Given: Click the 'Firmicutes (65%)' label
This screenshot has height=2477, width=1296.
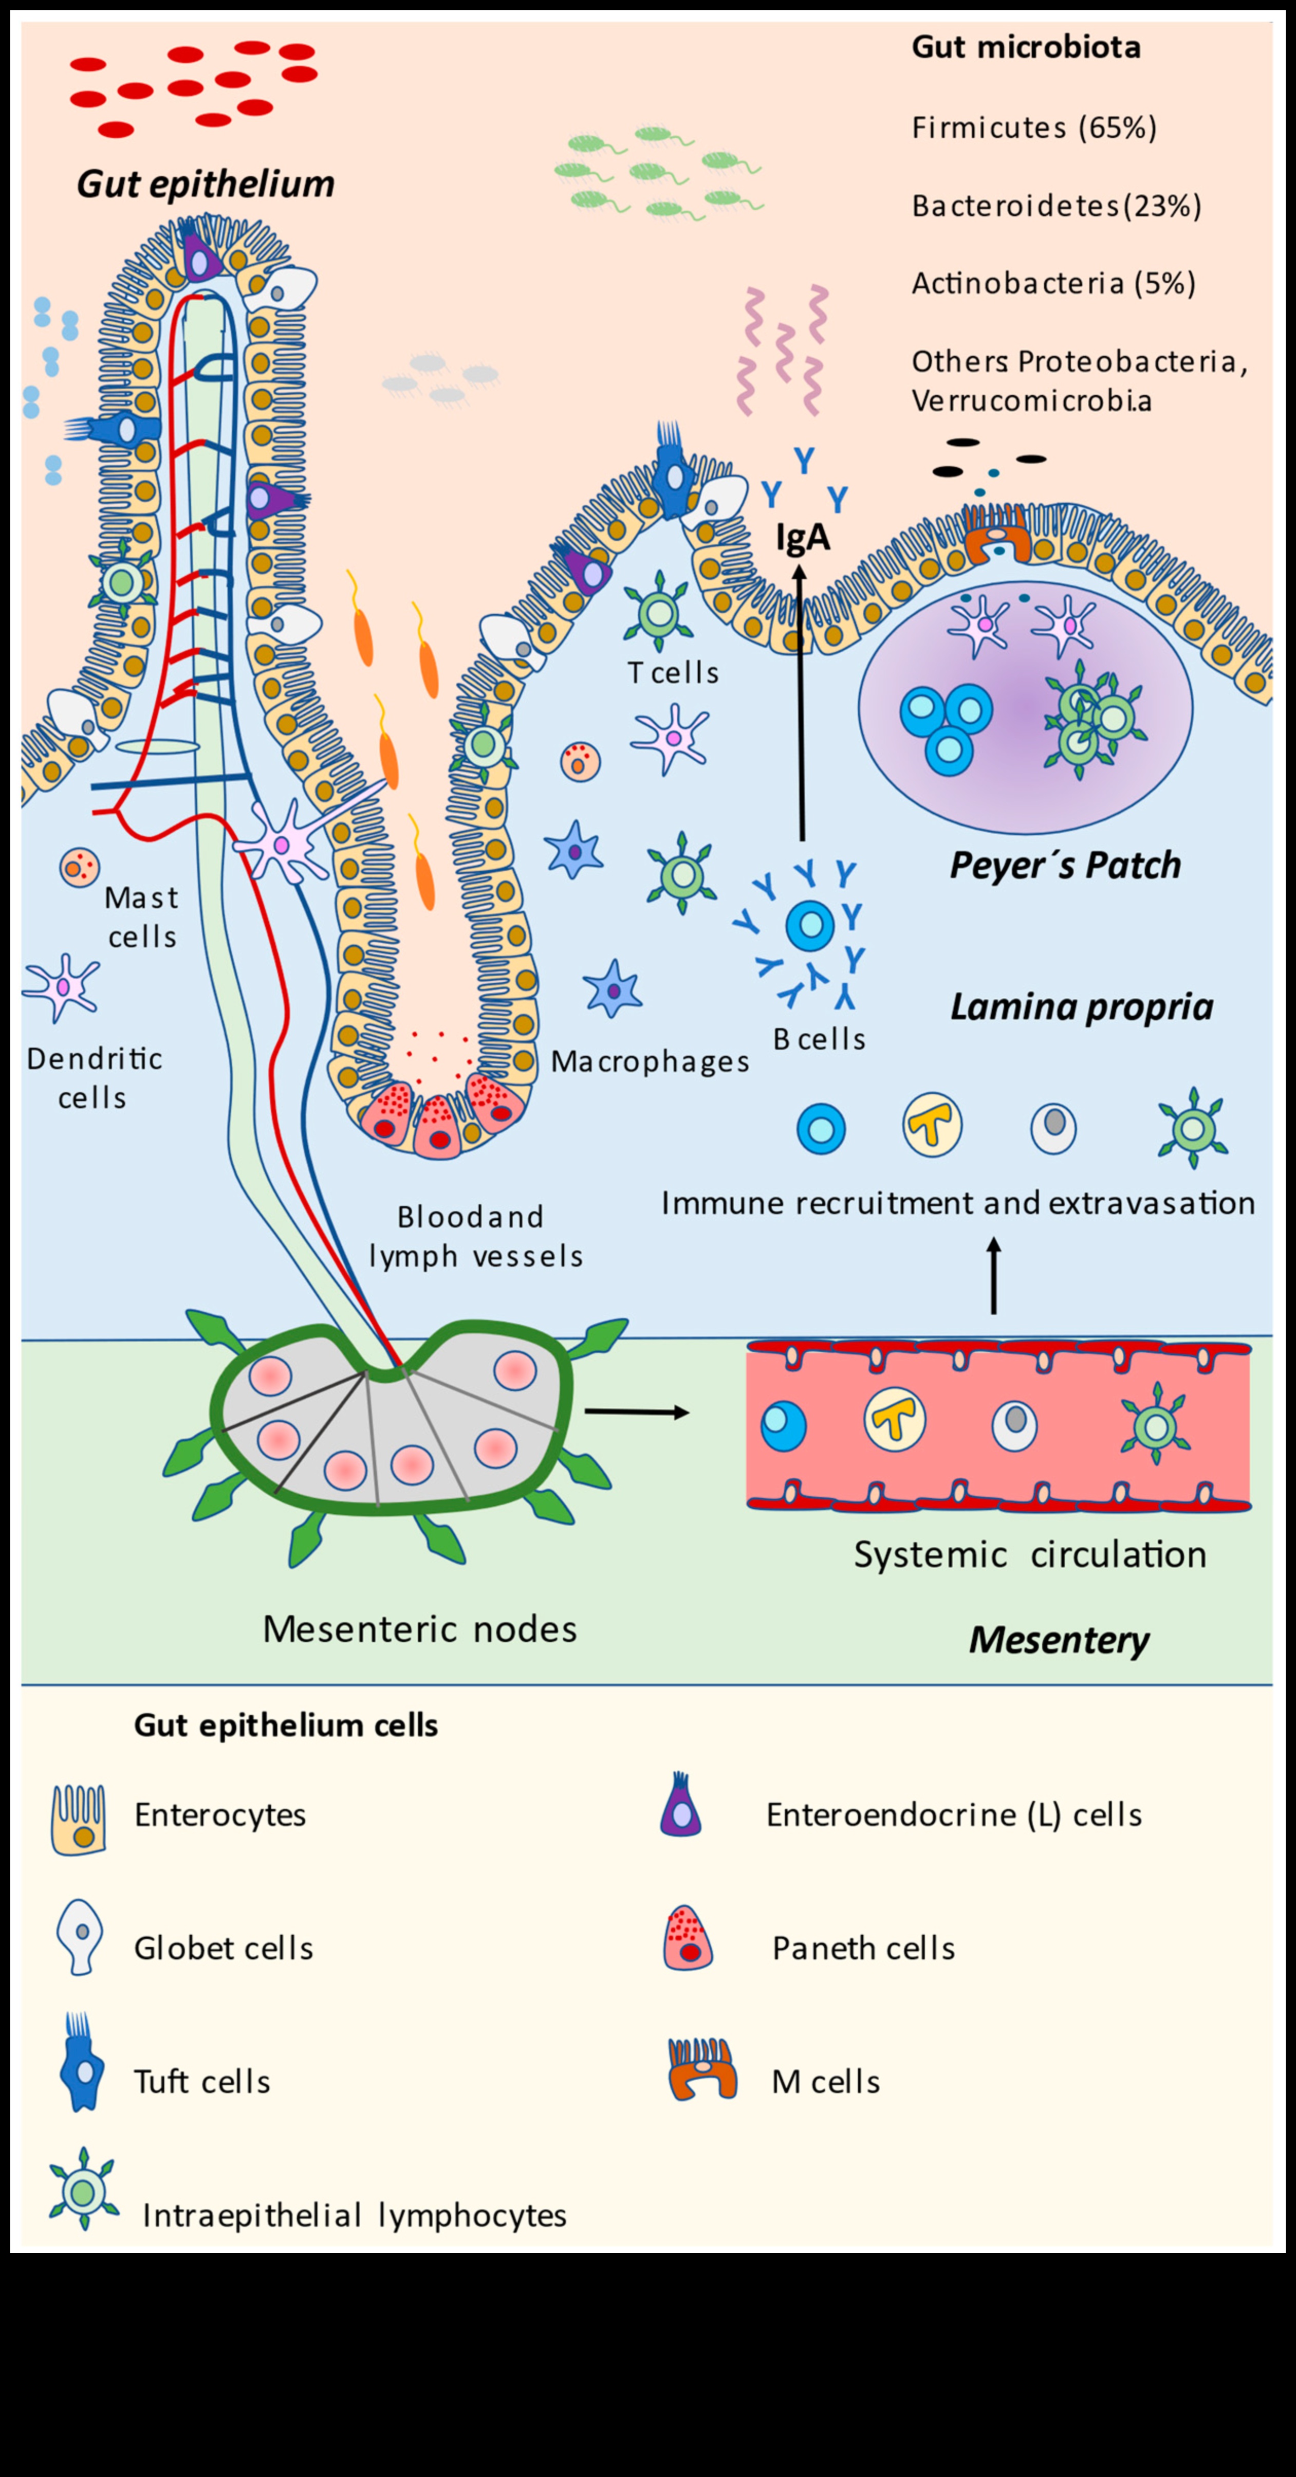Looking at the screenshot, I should tap(1033, 128).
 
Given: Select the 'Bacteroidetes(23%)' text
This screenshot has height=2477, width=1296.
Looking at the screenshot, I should tap(1056, 206).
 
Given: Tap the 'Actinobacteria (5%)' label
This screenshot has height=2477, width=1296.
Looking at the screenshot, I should tap(1053, 284).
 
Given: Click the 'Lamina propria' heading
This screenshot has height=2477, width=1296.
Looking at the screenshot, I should tap(1082, 1007).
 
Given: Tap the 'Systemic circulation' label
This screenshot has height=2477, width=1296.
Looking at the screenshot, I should tap(1030, 1555).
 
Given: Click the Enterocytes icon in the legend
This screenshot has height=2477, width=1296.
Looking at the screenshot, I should tap(79, 1819).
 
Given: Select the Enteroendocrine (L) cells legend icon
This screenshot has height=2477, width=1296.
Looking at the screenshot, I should tap(681, 1806).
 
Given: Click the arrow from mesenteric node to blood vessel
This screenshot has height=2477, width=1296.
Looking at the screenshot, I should tap(637, 1411).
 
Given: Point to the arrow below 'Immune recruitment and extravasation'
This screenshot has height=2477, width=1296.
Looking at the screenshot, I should tap(994, 1276).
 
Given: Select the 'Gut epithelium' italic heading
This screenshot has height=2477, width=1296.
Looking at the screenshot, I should tap(206, 184).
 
